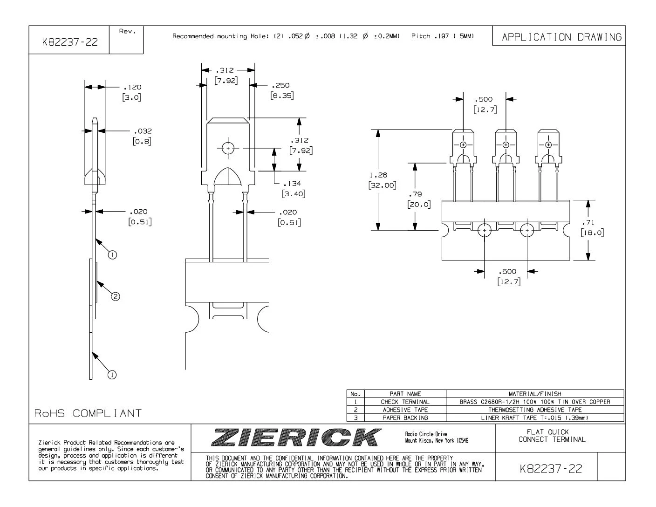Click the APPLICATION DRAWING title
(561, 37)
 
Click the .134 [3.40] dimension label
(293, 189)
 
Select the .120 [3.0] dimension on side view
(131, 92)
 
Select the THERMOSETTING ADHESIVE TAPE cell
(535, 410)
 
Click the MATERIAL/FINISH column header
(535, 394)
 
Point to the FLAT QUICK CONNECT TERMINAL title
(552, 436)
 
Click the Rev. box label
(126, 32)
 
